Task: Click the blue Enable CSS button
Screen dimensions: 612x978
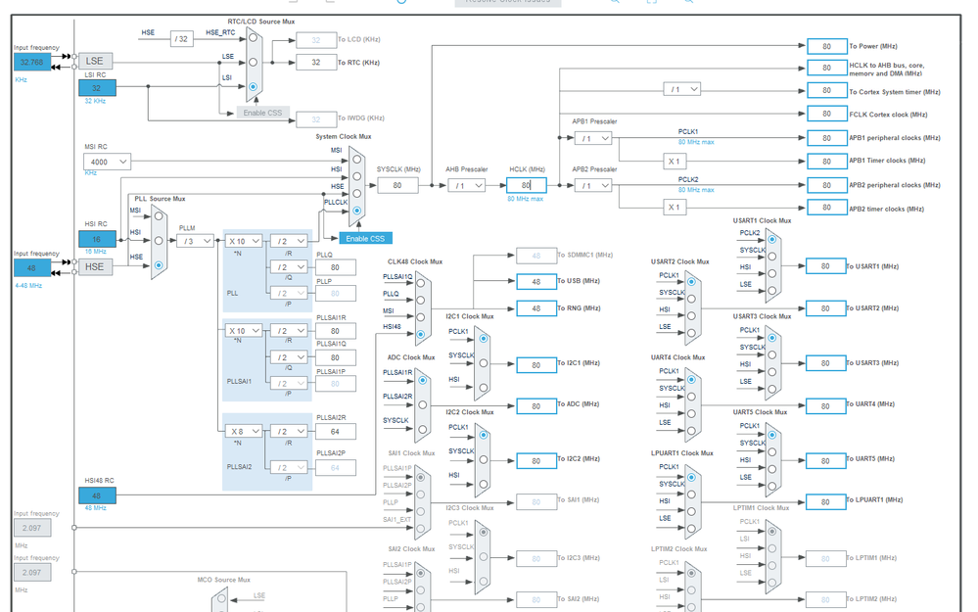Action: tap(365, 239)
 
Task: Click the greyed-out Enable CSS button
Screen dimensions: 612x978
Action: tap(262, 113)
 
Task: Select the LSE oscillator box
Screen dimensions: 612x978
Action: tap(95, 61)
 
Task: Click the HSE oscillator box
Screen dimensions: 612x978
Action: tap(95, 266)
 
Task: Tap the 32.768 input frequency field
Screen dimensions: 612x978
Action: tap(31, 61)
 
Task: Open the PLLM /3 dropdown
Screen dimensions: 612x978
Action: tap(196, 241)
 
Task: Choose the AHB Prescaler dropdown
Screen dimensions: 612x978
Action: tap(467, 185)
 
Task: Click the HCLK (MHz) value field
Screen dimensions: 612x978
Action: tap(526, 185)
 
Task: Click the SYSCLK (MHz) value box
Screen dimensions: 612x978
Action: tap(397, 185)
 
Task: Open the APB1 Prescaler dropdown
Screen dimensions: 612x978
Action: tap(592, 139)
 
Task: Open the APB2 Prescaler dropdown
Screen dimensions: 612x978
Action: tap(592, 185)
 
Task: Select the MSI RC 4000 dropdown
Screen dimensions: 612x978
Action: tap(107, 162)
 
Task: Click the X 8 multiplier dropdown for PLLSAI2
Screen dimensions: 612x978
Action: tap(244, 431)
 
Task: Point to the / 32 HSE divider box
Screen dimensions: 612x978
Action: tap(181, 39)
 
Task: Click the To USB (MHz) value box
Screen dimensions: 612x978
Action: tap(536, 281)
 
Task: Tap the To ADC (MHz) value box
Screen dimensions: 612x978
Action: tap(536, 405)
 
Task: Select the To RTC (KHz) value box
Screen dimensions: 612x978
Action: tap(316, 63)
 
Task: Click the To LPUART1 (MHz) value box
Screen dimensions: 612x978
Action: tap(825, 501)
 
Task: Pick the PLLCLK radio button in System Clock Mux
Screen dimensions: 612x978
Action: tap(356, 211)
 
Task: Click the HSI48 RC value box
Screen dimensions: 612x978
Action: tap(97, 495)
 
